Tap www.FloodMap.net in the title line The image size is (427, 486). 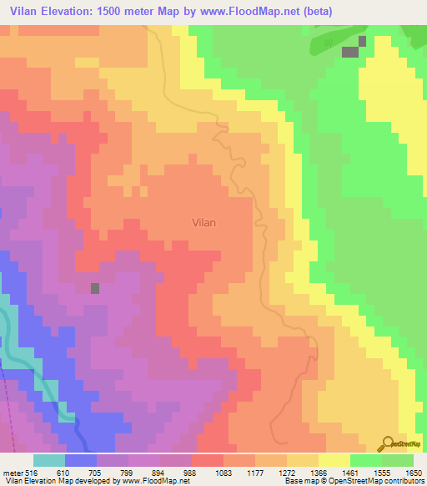tap(290, 11)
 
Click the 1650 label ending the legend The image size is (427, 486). tap(414, 472)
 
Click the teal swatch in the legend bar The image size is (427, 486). tap(48, 460)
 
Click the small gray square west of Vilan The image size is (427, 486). tap(95, 288)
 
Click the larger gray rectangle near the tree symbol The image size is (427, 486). tap(350, 52)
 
